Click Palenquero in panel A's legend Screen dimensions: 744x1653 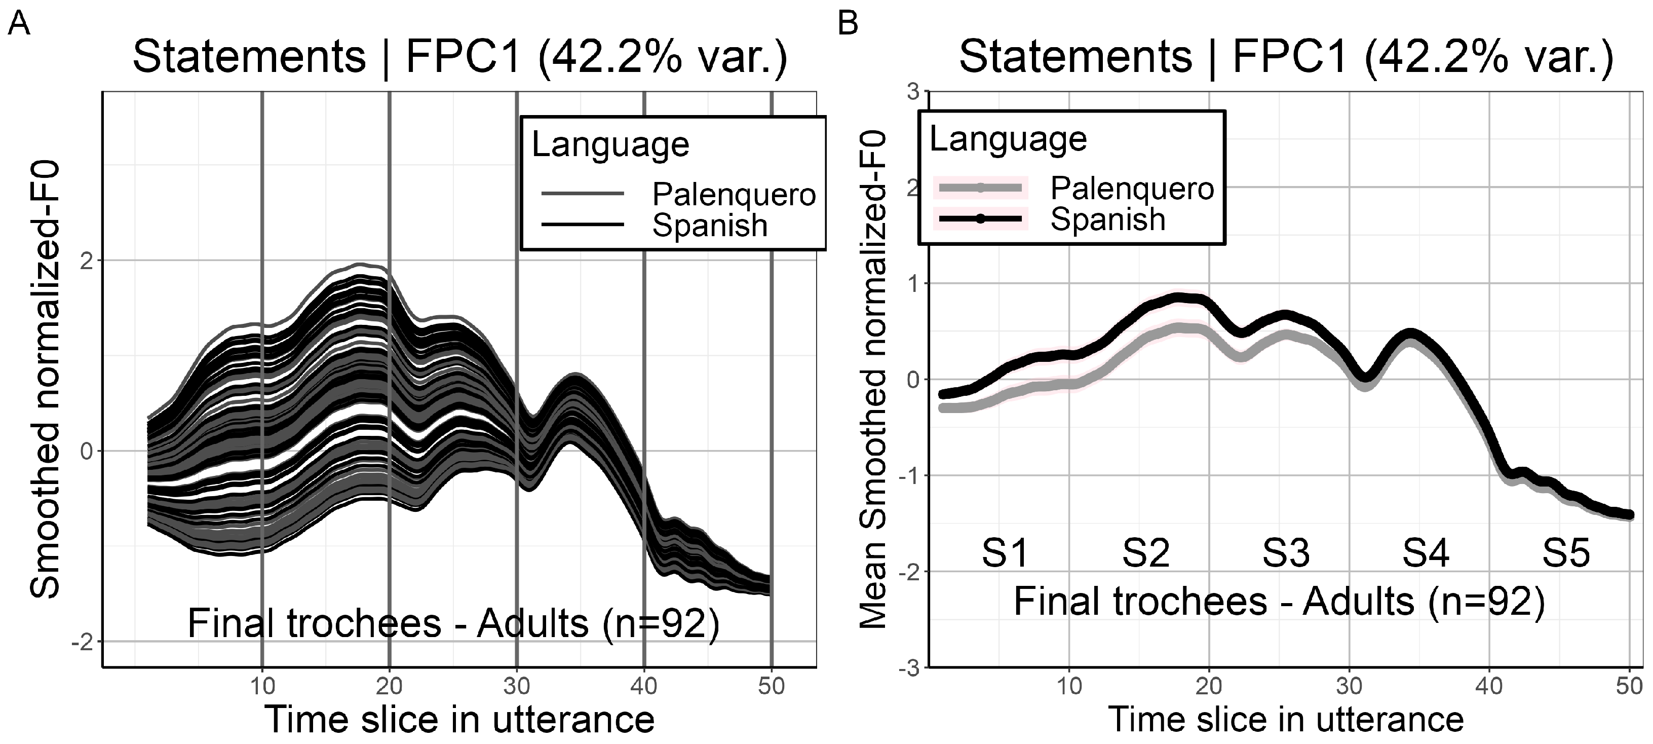[x=734, y=194]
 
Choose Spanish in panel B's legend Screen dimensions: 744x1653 [x=1107, y=219]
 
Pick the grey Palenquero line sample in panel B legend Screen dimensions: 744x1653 [x=980, y=188]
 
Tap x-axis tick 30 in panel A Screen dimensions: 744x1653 [x=517, y=686]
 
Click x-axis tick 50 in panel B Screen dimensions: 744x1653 [x=1629, y=686]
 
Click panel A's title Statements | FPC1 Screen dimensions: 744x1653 [x=459, y=56]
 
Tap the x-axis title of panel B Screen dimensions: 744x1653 [x=1286, y=719]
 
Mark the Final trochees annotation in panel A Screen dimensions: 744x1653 [x=453, y=623]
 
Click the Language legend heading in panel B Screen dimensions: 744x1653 [x=1008, y=139]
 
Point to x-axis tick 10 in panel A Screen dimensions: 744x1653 [x=262, y=686]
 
